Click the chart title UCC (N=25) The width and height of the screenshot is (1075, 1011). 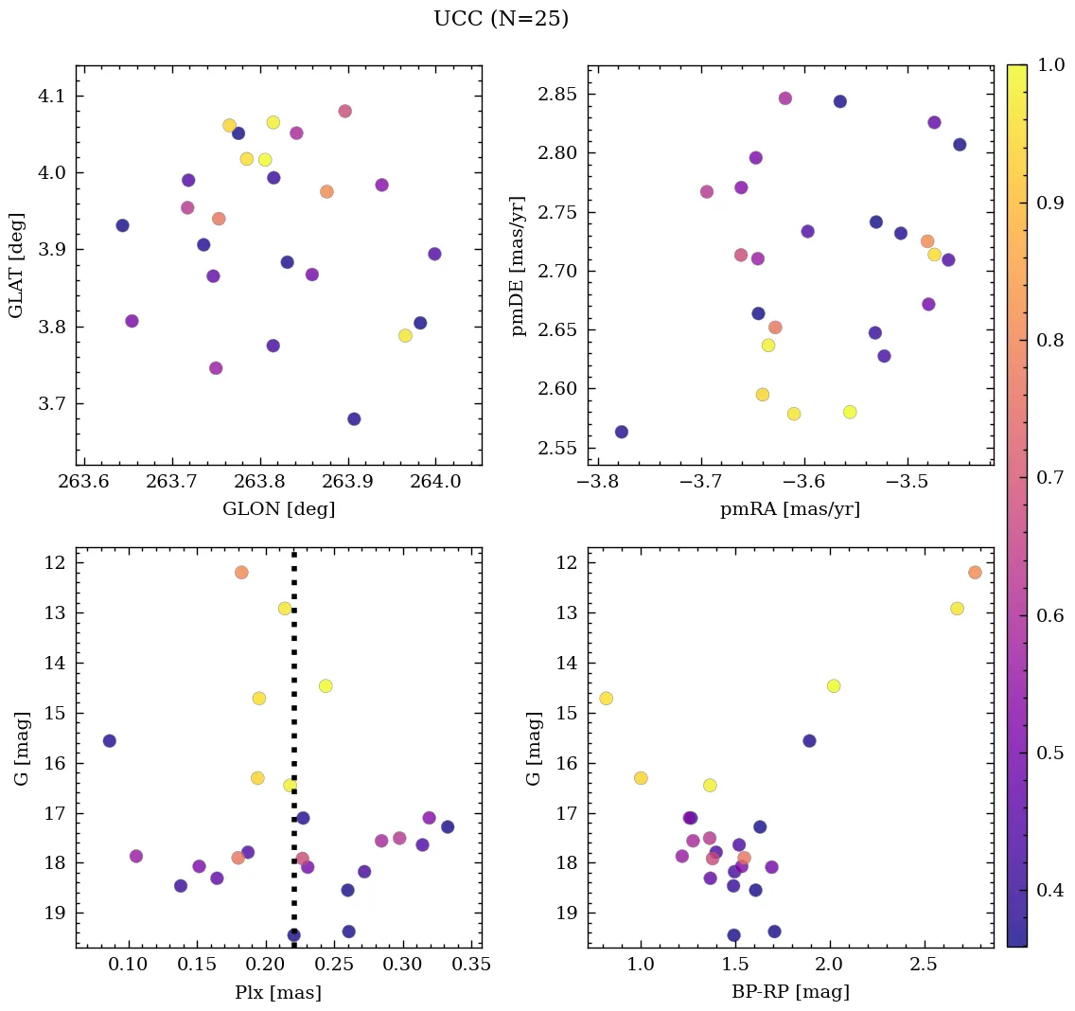point(501,19)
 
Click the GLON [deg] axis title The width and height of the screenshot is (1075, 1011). point(278,509)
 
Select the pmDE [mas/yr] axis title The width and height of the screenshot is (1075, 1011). point(518,265)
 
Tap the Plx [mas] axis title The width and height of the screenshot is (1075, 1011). point(278,992)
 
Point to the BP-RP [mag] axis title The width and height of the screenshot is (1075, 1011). point(790,992)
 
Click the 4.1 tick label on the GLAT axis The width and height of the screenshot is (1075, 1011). point(50,97)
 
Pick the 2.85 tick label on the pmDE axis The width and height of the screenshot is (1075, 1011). point(557,95)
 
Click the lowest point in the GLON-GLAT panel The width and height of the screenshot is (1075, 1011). point(354,419)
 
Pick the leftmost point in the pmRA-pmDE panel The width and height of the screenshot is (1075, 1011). point(622,432)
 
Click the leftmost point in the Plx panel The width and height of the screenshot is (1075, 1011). point(110,740)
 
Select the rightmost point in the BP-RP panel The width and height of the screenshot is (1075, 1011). point(975,572)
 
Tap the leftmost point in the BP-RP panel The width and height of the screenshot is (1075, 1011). point(607,699)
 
